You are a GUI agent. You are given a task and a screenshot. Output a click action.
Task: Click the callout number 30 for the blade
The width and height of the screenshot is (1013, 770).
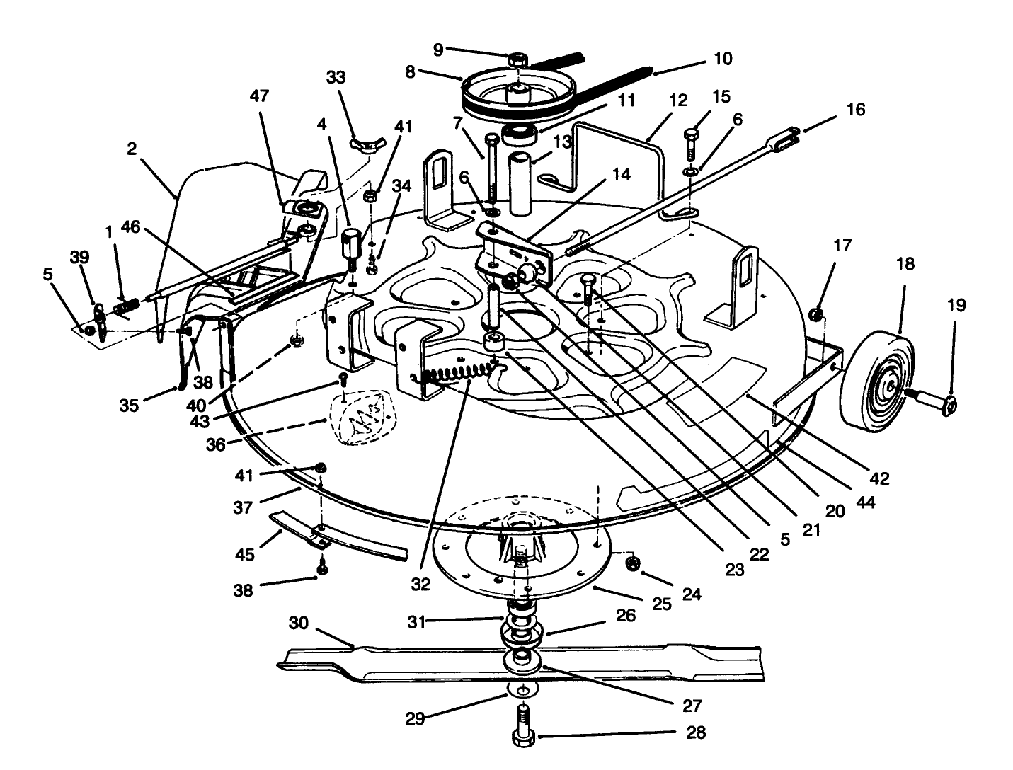tap(299, 624)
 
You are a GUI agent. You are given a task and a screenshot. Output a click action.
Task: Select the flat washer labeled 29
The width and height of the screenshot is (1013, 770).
tap(522, 691)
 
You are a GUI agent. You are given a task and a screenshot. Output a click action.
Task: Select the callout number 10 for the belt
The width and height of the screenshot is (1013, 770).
tap(722, 59)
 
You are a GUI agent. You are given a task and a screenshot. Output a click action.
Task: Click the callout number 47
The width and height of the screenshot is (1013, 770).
tap(260, 96)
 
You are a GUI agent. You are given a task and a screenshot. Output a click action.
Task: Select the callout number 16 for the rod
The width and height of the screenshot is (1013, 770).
tap(855, 110)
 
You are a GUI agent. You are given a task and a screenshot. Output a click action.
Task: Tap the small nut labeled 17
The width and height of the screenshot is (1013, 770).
tap(816, 313)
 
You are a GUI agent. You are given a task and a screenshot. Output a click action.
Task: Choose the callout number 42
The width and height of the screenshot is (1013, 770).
tap(879, 478)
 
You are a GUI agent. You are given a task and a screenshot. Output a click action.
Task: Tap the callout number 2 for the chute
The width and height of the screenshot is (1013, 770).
tap(132, 150)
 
